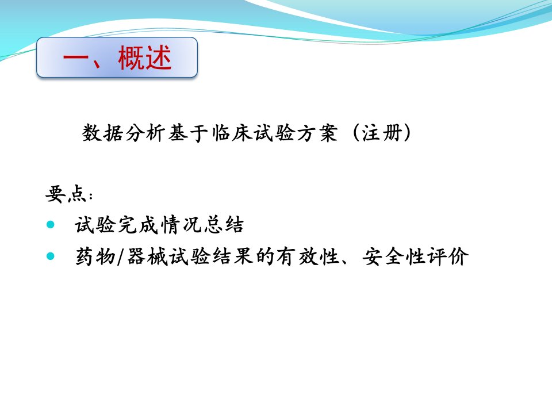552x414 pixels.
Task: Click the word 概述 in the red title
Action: [145, 57]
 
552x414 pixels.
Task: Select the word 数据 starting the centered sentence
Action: [102, 133]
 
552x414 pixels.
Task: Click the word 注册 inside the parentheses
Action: [382, 133]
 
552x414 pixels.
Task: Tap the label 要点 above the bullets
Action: [66, 194]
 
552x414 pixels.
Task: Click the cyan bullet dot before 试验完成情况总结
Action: [51, 224]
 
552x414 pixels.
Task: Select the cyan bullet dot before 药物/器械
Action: [51, 256]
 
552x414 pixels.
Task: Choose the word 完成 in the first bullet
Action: [138, 225]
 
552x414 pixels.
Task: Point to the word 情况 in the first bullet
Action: [180, 225]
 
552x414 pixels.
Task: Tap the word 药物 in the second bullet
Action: [95, 256]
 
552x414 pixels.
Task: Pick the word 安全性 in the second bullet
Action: [394, 256]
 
